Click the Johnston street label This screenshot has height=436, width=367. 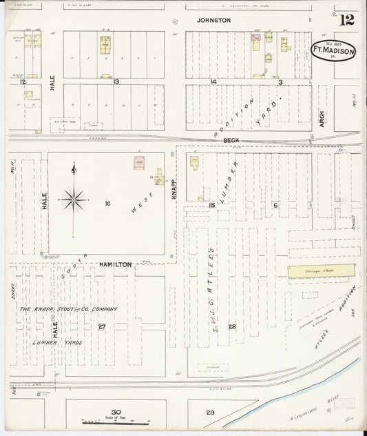[213, 21]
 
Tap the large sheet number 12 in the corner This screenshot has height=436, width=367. [346, 19]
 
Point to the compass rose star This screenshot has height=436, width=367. [73, 199]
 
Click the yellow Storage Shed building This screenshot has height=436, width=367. [321, 271]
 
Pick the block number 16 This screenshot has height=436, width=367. [107, 204]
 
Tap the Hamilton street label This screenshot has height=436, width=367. [114, 264]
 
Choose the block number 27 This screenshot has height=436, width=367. [102, 326]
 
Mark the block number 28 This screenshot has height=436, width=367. [232, 326]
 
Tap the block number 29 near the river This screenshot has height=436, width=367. [211, 413]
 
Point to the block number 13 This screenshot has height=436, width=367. [116, 81]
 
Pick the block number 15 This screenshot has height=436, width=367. [212, 205]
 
